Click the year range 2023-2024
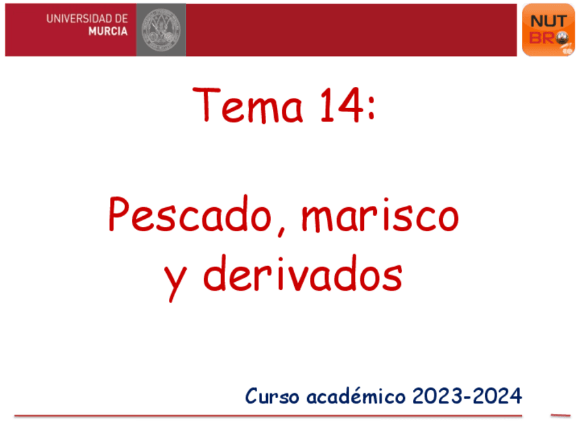(x=467, y=395)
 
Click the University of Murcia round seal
(x=161, y=29)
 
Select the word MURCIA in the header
(x=108, y=31)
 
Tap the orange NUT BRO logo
(x=548, y=29)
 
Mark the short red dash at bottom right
(x=560, y=415)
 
